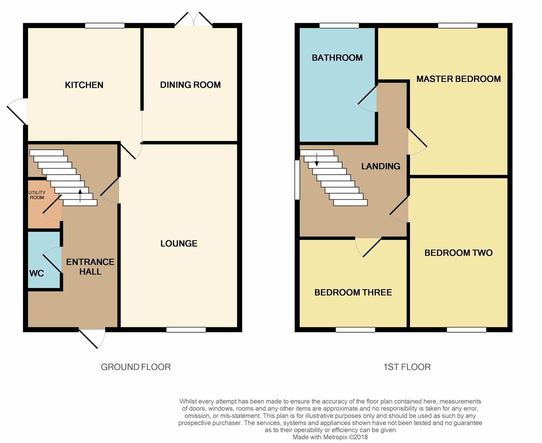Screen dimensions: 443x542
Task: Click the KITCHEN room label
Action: [x=84, y=85]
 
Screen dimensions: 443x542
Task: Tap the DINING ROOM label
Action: [x=190, y=85]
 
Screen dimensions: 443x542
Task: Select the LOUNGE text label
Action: [x=179, y=244]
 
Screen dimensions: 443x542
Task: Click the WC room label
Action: [x=37, y=273]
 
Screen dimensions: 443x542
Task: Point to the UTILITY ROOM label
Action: [x=37, y=195]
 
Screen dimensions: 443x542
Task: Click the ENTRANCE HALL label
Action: [x=90, y=267]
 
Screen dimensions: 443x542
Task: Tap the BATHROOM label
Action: [x=337, y=58]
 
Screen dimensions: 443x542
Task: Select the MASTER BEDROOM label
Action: [x=458, y=79]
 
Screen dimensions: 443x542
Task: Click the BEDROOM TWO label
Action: [x=458, y=253]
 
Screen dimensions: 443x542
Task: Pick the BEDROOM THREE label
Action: [x=353, y=292]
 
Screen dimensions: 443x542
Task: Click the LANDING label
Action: [x=381, y=166]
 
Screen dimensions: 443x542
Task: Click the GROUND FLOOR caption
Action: [x=136, y=367]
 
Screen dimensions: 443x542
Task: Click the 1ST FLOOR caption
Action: [x=407, y=367]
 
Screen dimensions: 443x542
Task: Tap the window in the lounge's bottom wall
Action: [x=186, y=330]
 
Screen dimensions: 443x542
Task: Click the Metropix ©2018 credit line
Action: [x=330, y=437]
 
